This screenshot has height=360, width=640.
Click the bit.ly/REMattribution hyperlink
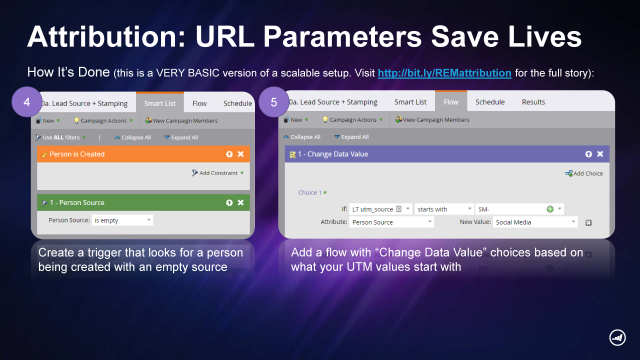click(x=444, y=73)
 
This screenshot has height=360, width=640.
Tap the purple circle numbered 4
click(x=27, y=102)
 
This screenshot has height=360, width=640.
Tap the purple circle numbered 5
click(x=273, y=102)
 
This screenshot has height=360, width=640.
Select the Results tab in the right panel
click(x=533, y=102)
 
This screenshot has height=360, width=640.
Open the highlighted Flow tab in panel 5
click(x=451, y=102)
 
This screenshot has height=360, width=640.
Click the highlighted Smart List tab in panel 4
click(x=159, y=103)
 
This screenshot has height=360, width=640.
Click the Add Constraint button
click(x=217, y=173)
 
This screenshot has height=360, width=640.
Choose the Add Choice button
click(x=584, y=173)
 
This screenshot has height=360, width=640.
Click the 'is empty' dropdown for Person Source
click(x=122, y=220)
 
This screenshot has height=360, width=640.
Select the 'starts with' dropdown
click(x=443, y=209)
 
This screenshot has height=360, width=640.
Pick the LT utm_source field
click(x=380, y=209)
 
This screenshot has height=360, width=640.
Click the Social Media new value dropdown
click(x=535, y=222)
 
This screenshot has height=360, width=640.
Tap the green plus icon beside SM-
click(x=550, y=209)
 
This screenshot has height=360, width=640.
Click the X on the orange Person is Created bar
click(x=241, y=154)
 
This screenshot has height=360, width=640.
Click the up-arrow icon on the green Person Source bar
click(x=229, y=202)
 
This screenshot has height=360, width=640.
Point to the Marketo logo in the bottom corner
click(x=617, y=337)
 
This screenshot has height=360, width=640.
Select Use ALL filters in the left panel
click(x=60, y=137)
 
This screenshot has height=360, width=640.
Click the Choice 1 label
click(x=309, y=192)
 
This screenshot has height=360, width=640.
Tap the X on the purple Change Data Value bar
click(x=600, y=154)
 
